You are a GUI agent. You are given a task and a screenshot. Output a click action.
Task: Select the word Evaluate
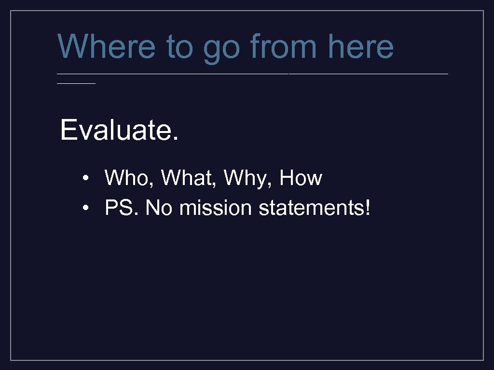click(115, 130)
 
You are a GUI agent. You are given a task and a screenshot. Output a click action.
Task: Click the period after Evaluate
click(175, 139)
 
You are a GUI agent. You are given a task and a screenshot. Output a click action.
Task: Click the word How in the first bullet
click(301, 178)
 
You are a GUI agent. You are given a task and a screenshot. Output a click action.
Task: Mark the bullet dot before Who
click(85, 179)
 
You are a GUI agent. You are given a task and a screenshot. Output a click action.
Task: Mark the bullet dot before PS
click(85, 209)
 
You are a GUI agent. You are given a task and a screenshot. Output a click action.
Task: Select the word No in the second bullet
click(158, 208)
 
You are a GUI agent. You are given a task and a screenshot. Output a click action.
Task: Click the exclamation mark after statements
click(369, 208)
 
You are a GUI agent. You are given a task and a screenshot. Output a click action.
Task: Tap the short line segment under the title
click(76, 83)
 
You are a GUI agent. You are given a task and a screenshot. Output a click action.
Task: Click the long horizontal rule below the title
click(253, 74)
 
